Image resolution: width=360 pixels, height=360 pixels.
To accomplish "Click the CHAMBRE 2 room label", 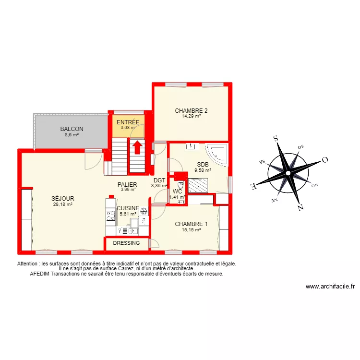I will (x=191, y=110).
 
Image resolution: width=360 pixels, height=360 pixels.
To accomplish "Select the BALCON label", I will (x=72, y=129).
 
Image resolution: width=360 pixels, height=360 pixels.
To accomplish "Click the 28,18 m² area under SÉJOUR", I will (x=63, y=204).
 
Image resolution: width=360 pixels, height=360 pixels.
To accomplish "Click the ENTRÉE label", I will (x=128, y=122).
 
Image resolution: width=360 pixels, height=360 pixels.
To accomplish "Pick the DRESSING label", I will (x=126, y=243).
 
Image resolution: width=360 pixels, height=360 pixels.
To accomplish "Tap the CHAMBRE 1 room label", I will (x=191, y=224).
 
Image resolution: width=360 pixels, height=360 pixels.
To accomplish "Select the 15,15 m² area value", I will (x=191, y=230).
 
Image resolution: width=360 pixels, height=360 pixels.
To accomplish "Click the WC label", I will (x=177, y=191).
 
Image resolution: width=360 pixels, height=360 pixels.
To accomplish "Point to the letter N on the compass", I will (x=300, y=207).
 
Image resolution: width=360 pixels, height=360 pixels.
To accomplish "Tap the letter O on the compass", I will (x=324, y=160).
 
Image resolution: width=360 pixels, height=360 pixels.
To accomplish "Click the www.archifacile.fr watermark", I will (x=330, y=287).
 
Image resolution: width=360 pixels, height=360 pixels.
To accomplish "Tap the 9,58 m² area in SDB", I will (x=202, y=169).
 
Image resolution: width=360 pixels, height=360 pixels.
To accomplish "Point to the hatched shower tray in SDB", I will (x=198, y=185).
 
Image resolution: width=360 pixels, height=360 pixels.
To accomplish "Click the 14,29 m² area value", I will (x=191, y=116).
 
